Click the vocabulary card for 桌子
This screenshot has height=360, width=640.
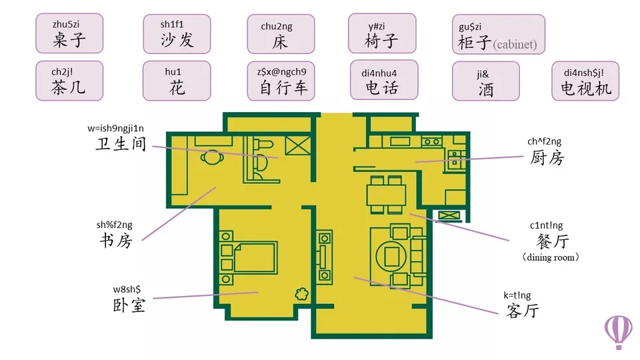[69, 33]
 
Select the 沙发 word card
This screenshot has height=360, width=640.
[177, 34]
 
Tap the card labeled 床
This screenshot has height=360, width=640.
[281, 34]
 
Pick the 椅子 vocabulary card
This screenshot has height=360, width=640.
[382, 33]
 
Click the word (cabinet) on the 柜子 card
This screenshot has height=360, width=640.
[515, 44]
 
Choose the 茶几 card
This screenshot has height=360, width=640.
[69, 81]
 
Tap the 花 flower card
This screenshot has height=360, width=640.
[177, 81]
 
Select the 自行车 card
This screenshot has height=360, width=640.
[281, 81]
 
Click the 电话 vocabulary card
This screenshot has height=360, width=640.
[384, 80]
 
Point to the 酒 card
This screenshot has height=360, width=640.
[486, 81]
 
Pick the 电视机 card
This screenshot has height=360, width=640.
[585, 81]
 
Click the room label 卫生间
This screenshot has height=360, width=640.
[121, 144]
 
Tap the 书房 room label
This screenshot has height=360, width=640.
[116, 241]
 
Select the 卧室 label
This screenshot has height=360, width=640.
[129, 305]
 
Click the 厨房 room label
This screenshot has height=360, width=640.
[547, 157]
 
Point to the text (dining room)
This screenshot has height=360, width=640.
[551, 257]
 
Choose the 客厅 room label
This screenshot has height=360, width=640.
[523, 311]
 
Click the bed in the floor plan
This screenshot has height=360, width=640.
[249, 258]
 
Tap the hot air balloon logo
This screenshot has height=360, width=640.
[619, 332]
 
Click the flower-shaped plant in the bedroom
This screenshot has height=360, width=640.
[301, 293]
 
